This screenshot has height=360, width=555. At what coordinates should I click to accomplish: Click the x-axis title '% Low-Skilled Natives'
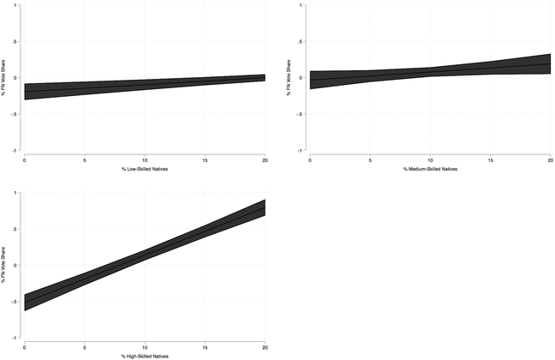145,169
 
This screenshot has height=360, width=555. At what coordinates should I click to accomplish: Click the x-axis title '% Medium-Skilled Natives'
430,169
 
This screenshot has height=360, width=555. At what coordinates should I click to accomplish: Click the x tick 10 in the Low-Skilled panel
145,159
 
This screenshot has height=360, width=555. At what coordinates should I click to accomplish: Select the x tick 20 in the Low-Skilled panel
265,159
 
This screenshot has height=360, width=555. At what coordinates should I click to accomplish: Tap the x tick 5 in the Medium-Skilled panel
370,159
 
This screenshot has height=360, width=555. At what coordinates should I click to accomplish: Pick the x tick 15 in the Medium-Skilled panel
490,159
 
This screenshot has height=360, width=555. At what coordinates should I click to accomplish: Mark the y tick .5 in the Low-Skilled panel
17,42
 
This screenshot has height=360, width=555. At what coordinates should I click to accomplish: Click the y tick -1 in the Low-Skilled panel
17,151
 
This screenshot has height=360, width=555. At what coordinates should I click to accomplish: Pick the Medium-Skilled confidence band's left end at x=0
310,80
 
